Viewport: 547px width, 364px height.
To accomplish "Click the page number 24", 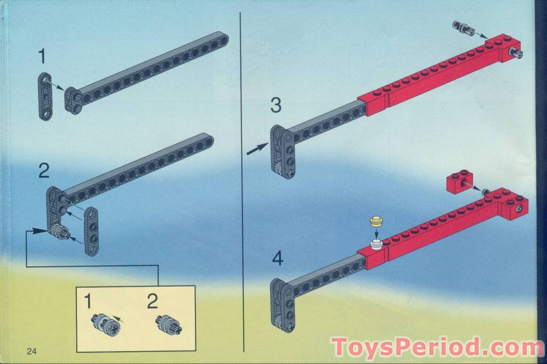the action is [x=32, y=351].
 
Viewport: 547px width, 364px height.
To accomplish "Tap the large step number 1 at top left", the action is [x=42, y=57].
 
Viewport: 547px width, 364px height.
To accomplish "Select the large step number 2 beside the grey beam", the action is [x=44, y=171].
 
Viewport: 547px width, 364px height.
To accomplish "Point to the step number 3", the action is [x=276, y=105].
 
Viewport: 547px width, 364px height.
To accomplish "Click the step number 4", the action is [x=278, y=259].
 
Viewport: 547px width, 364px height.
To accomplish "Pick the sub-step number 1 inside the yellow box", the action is [x=88, y=301].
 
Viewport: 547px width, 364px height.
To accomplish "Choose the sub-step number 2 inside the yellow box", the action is [x=152, y=301].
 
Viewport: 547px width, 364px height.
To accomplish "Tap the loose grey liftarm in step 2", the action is [x=92, y=231].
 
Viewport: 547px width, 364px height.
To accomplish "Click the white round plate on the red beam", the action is [x=376, y=245].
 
